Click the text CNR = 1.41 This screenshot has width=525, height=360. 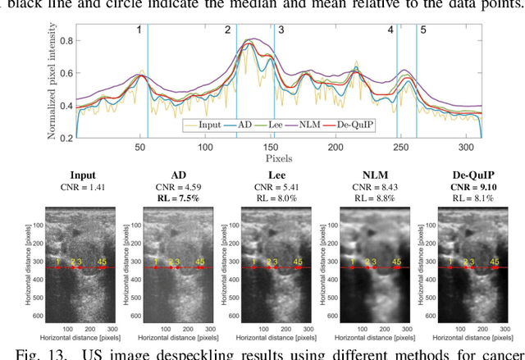[83, 186]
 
